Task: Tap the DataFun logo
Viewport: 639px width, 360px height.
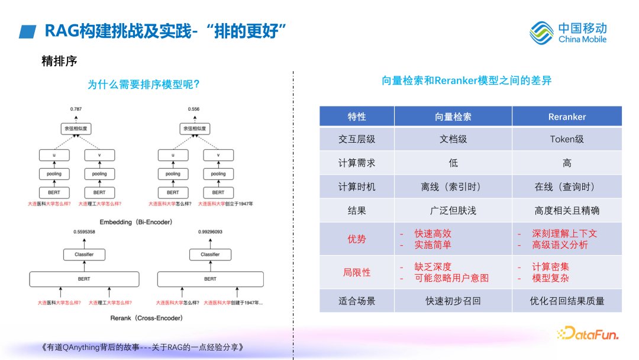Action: (x=588, y=334)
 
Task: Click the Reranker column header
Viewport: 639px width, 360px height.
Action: (x=567, y=117)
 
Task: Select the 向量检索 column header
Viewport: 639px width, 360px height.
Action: (x=453, y=117)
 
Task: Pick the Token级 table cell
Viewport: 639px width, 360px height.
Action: (x=567, y=140)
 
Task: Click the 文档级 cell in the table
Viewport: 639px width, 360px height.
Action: (x=453, y=140)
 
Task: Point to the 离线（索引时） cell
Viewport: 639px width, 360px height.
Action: (x=453, y=187)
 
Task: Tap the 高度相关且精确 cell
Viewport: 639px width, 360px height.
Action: (x=567, y=210)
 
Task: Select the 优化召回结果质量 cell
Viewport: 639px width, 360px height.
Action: (x=567, y=301)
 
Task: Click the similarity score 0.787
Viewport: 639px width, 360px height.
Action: (x=76, y=110)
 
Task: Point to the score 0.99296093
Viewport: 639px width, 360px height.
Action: (x=210, y=232)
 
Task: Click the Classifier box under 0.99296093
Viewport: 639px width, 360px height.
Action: (x=210, y=255)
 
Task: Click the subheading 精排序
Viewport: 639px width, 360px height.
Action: (x=59, y=60)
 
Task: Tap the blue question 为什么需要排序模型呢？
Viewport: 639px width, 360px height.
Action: (x=143, y=85)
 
